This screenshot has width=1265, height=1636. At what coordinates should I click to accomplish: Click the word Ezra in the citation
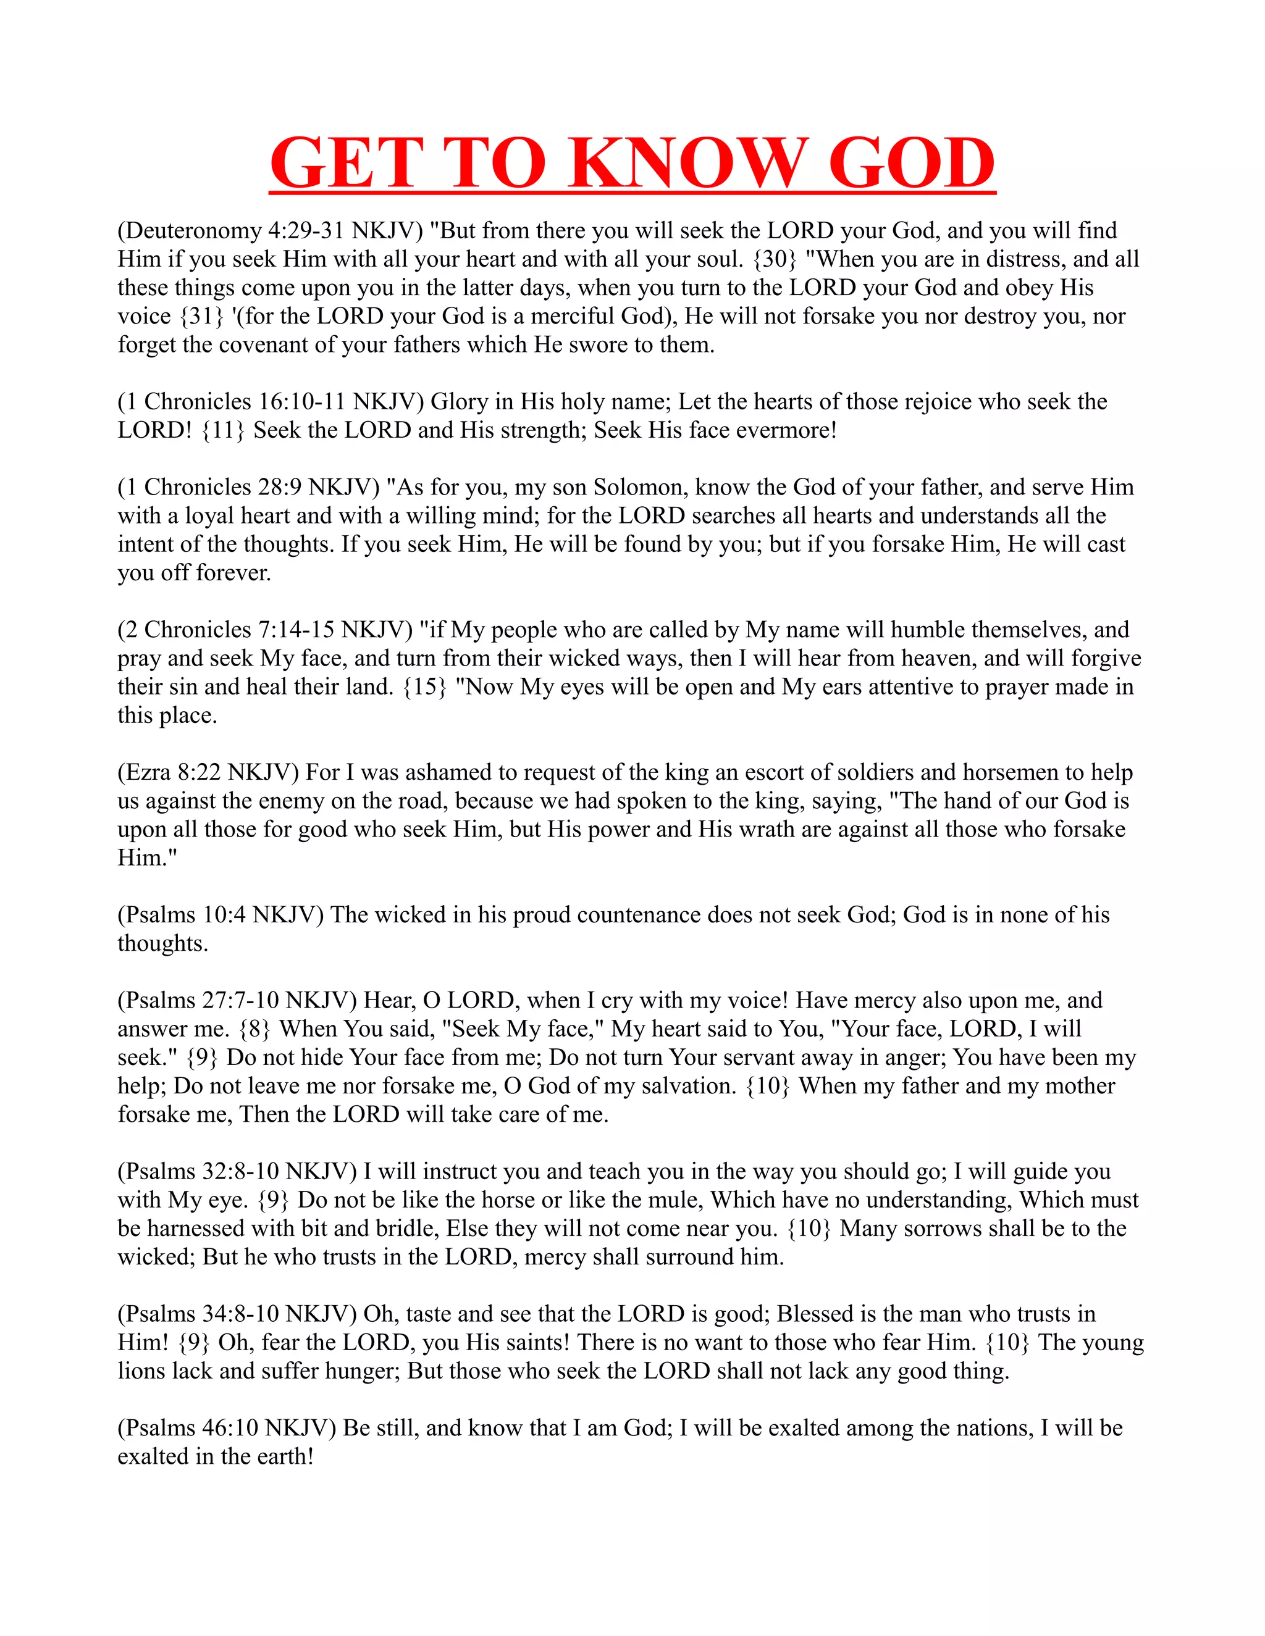[x=146, y=772]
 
